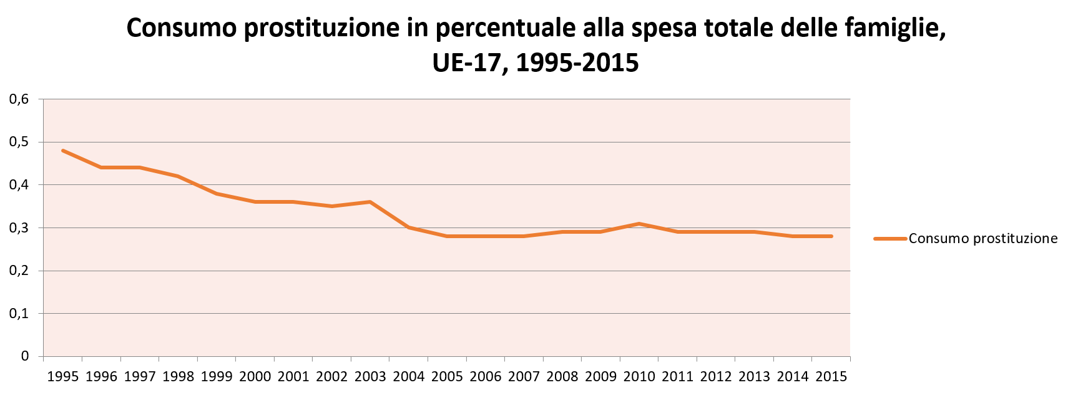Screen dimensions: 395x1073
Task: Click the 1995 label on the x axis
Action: tap(62, 377)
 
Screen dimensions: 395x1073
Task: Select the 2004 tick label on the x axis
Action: tap(409, 377)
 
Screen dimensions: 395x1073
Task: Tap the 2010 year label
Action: tap(639, 377)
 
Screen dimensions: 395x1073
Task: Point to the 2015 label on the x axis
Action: tap(831, 377)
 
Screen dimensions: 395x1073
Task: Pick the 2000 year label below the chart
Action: tap(255, 377)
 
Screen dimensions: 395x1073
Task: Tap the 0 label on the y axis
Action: tap(25, 356)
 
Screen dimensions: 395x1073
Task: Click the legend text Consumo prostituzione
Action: tap(983, 239)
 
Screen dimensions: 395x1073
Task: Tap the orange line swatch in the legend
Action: tap(889, 239)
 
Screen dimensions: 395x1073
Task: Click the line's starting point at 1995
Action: tap(63, 151)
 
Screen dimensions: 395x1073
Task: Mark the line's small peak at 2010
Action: tap(639, 223)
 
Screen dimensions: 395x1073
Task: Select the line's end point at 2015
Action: tap(831, 236)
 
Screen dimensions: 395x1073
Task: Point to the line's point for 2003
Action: tap(370, 202)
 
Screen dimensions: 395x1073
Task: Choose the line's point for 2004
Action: tap(409, 227)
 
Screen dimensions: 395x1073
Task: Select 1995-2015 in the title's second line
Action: tap(577, 62)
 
